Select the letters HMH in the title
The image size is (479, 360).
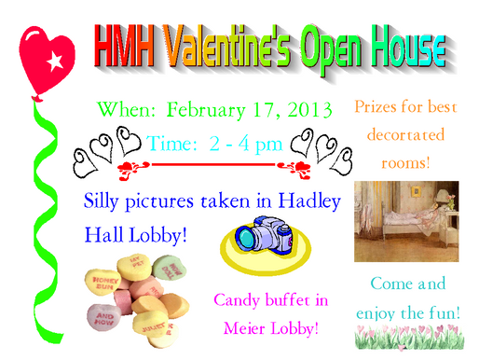click(127, 41)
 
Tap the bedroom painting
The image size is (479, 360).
click(405, 220)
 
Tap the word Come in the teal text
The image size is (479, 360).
click(387, 284)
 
